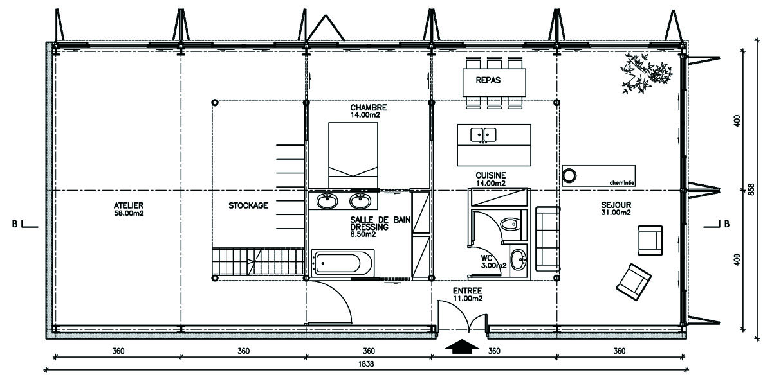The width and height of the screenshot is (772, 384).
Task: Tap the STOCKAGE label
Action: click(248, 205)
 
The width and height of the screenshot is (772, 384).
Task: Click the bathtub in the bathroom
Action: click(343, 263)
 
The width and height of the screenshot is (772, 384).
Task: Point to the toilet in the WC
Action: click(510, 224)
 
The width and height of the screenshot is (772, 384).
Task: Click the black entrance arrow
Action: click(461, 347)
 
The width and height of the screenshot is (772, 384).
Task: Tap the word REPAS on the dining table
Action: click(488, 80)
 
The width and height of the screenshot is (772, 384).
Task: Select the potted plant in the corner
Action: click(645, 73)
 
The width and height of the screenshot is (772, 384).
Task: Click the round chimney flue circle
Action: click(569, 175)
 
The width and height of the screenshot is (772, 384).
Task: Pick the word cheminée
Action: click(621, 183)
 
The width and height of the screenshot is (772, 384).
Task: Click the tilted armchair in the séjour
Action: click(634, 282)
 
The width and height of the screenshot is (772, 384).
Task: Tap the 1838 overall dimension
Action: click(365, 363)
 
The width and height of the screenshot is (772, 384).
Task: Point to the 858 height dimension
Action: click(751, 189)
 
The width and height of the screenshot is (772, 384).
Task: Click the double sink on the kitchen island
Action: click(483, 135)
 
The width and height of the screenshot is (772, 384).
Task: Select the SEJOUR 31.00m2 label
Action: click(616, 209)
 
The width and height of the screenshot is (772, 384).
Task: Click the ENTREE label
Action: click(467, 291)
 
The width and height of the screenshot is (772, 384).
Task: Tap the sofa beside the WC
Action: click(547, 239)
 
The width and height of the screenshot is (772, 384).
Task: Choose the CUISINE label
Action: click(491, 175)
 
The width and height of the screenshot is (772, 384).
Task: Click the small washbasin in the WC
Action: click(518, 260)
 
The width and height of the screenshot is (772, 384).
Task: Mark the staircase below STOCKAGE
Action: click(258, 261)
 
